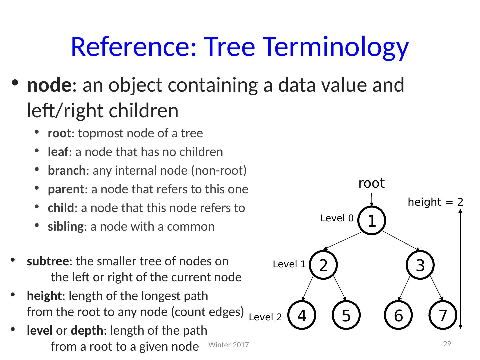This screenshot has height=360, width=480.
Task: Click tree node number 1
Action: [372, 221]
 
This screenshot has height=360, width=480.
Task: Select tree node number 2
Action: [323, 265]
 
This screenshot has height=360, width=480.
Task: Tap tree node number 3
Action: [420, 265]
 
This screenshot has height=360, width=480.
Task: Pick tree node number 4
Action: [302, 315]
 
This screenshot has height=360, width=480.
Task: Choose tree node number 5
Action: [346, 315]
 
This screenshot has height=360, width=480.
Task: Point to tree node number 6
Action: [398, 315]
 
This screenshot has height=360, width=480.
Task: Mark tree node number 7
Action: [442, 315]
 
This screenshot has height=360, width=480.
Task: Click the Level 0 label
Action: [337, 219]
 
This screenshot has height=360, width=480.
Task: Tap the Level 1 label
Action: [289, 265]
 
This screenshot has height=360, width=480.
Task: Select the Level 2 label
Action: [265, 317]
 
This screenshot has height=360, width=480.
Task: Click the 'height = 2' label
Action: [435, 202]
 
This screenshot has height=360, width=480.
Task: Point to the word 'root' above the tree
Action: [371, 183]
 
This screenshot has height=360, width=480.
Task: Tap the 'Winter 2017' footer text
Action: [228, 345]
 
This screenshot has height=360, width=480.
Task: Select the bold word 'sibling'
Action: [65, 227]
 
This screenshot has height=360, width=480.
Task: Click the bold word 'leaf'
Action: [58, 152]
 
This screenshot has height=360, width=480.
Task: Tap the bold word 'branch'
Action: [67, 171]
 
